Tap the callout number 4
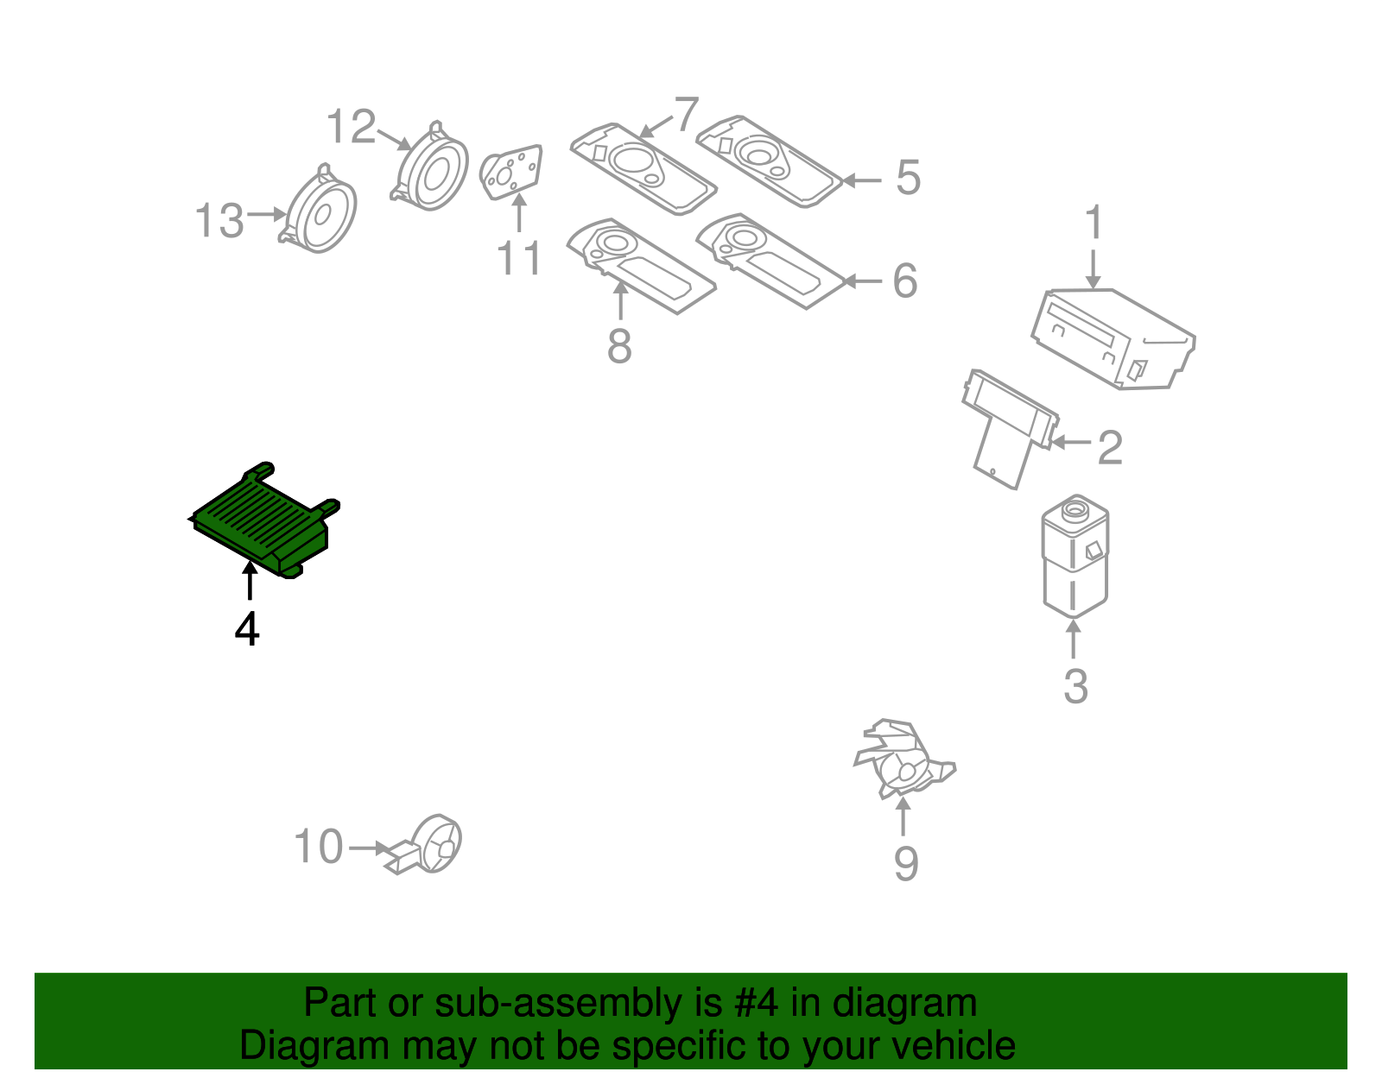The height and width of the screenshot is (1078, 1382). (247, 629)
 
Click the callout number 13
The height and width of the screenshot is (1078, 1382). (219, 221)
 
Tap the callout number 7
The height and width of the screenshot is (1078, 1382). (685, 114)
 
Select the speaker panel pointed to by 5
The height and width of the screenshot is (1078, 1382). (768, 161)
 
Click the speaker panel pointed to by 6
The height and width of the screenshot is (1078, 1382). (769, 259)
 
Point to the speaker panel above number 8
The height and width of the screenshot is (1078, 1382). (639, 263)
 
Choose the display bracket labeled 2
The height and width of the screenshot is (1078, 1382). (1007, 427)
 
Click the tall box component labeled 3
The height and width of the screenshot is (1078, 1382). (1075, 557)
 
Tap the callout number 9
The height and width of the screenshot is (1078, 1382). (905, 863)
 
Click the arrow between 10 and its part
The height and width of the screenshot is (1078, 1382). (369, 848)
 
